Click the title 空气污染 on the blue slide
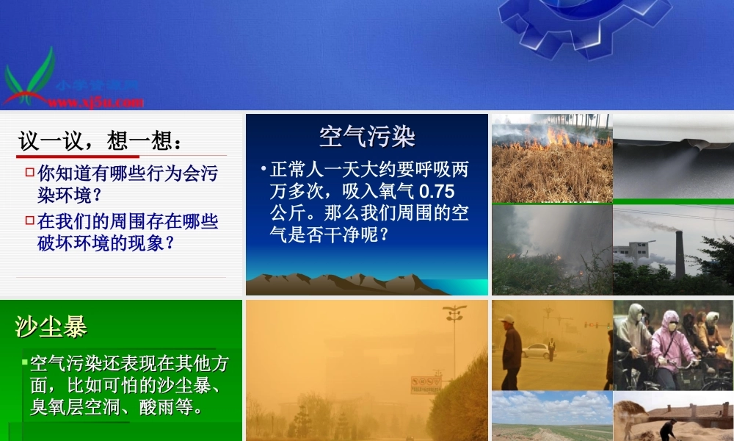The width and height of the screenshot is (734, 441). (367, 136)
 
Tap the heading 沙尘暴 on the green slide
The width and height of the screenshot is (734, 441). (51, 327)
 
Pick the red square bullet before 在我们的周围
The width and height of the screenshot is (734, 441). (30, 220)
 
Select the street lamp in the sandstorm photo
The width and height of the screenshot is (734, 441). (454, 323)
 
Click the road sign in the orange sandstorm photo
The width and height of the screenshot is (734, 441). (425, 384)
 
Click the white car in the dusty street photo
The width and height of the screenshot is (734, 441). (539, 350)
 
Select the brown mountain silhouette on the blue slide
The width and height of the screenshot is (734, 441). (345, 283)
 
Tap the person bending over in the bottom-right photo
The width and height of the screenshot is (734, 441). (668, 427)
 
